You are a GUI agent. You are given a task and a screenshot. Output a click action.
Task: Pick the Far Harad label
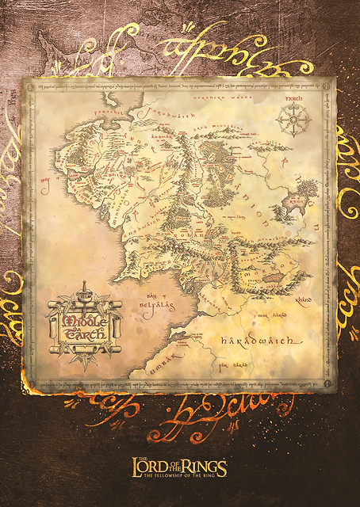[x=227, y=365]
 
